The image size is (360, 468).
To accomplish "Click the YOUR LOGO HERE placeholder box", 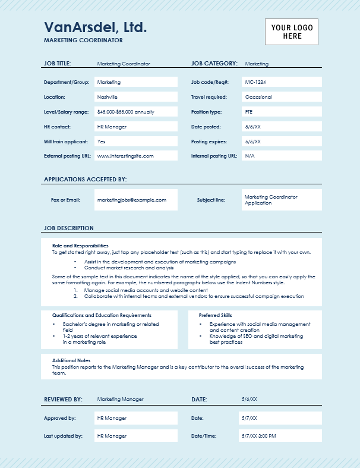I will (x=291, y=32).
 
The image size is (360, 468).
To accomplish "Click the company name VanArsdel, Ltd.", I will (x=95, y=27).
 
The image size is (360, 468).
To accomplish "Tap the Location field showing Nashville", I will (x=108, y=97).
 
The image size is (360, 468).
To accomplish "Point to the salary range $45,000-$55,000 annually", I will (x=126, y=112).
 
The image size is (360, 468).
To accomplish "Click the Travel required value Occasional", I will (x=258, y=97).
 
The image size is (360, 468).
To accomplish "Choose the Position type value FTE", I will (x=249, y=112).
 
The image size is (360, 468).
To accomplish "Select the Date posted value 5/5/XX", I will (x=253, y=127).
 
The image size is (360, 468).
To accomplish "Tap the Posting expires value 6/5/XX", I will (x=253, y=142).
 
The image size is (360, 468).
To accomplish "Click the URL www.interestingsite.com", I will (x=125, y=156).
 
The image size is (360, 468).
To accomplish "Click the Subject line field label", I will (x=211, y=200).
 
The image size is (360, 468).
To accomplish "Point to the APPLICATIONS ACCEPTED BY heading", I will (x=86, y=179).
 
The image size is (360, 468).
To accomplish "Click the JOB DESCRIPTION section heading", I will (x=69, y=228).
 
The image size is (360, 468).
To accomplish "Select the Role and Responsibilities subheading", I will (x=80, y=246).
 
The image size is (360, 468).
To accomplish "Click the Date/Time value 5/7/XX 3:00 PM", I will (x=259, y=436).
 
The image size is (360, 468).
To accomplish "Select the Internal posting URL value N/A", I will (x=250, y=156).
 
